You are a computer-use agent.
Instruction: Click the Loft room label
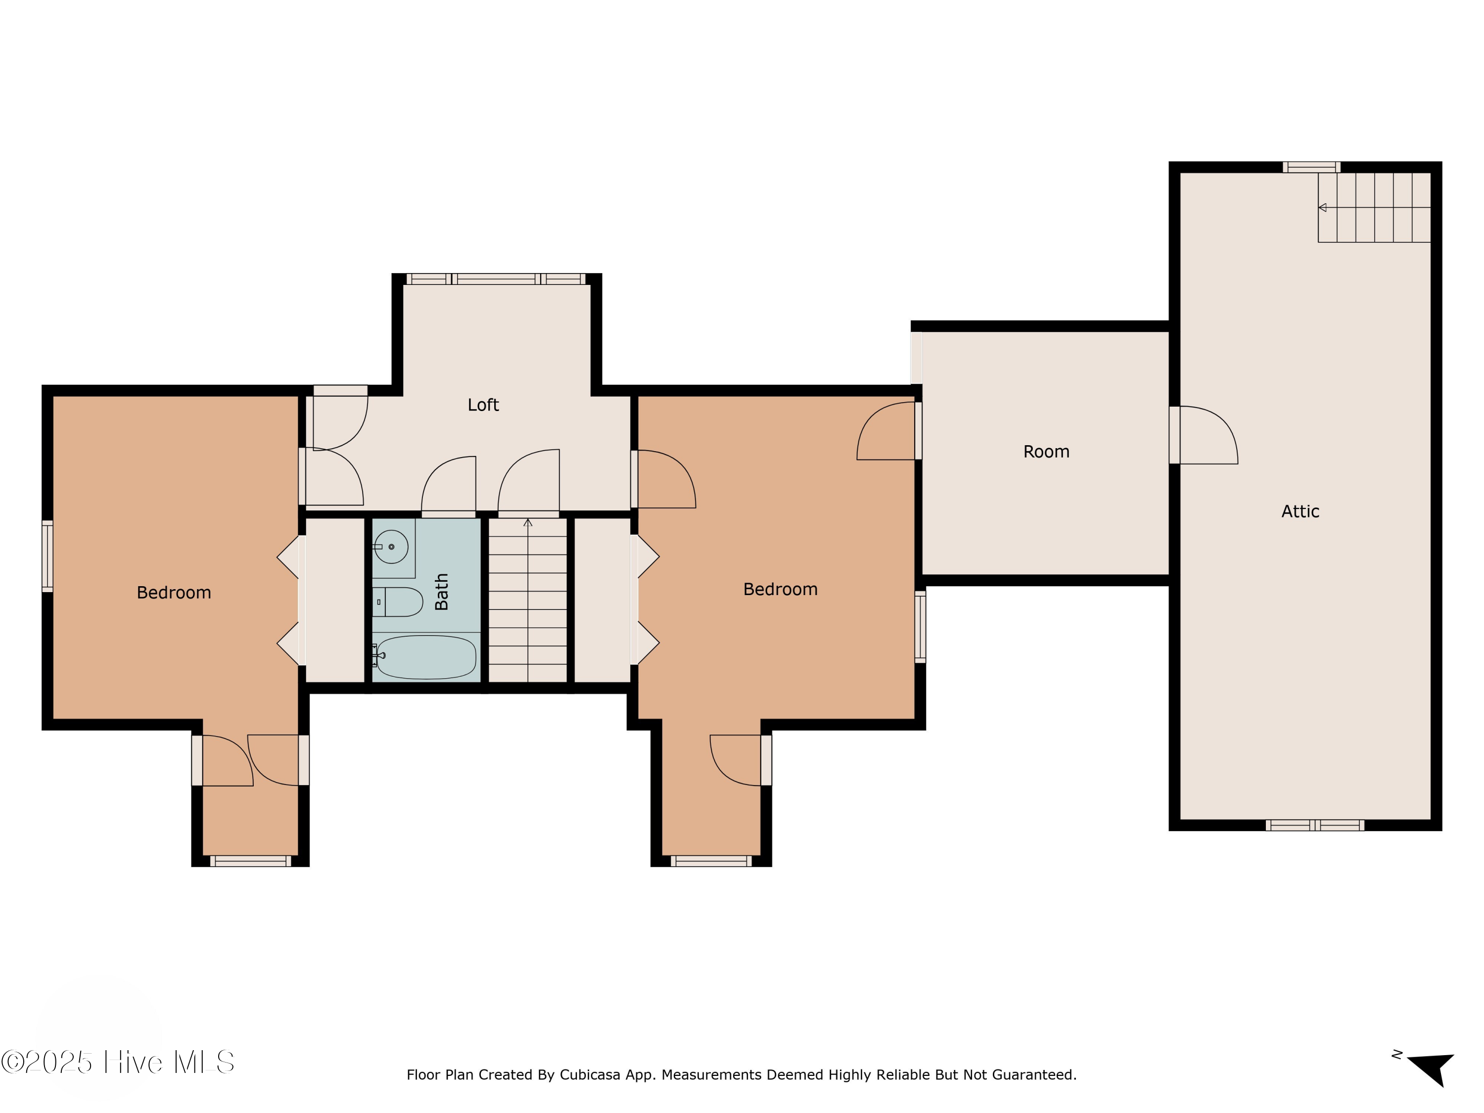(483, 405)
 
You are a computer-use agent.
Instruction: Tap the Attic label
(1300, 512)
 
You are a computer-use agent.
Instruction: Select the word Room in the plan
(1046, 452)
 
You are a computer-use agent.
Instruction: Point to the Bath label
(441, 592)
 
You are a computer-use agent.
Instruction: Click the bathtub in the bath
(426, 657)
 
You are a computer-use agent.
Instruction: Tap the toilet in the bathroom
(397, 602)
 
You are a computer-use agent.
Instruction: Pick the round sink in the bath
(391, 547)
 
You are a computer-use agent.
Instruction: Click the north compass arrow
(1431, 1068)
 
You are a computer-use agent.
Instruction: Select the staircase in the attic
(1374, 207)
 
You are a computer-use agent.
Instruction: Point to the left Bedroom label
(174, 593)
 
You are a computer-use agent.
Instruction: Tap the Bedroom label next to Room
(780, 590)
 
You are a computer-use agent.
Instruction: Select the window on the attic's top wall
(1311, 167)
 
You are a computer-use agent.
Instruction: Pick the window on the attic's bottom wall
(1314, 825)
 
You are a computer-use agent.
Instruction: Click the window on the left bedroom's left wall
(47, 556)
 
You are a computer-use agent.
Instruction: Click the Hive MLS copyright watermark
(118, 1062)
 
